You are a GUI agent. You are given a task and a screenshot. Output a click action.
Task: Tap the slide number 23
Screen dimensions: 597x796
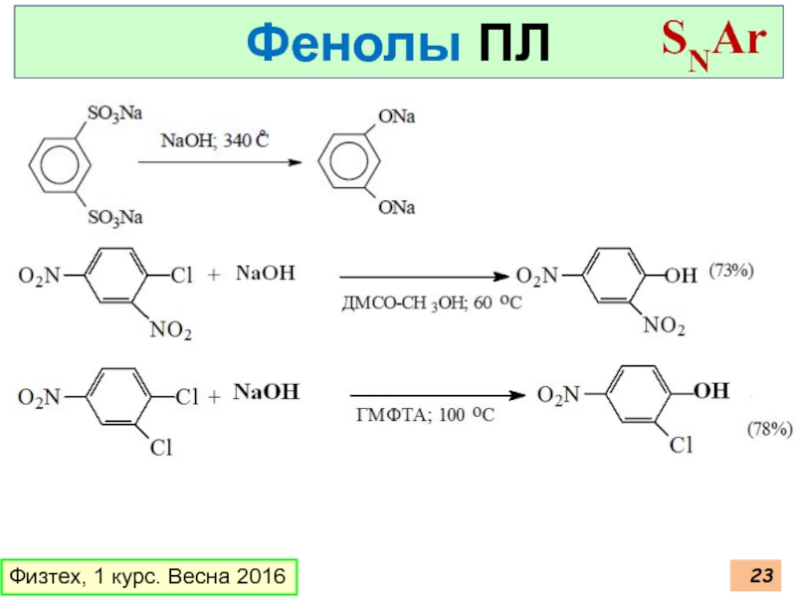(761, 575)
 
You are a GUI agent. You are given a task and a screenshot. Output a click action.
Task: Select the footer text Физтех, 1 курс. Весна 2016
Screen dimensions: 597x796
(147, 576)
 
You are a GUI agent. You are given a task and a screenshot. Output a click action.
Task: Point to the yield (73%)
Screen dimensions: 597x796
(733, 270)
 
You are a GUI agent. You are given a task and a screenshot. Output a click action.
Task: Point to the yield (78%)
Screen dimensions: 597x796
(769, 430)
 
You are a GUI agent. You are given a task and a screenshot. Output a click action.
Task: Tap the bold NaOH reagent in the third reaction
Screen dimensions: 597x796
(266, 392)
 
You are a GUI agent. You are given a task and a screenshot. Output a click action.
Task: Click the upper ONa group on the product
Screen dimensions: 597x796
(396, 117)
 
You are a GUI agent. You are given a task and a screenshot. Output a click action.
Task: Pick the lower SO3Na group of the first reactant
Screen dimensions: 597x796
(115, 216)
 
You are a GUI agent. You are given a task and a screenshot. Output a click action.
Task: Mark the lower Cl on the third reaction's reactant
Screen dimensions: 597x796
(160, 449)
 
